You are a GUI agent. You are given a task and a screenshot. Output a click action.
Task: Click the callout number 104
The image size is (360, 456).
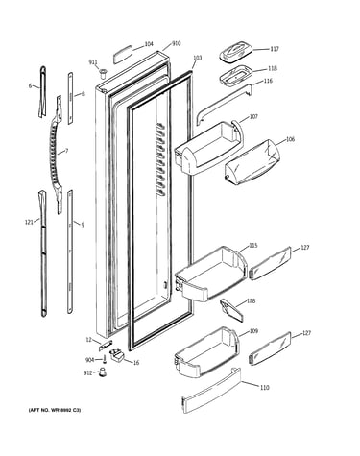click(x=149, y=44)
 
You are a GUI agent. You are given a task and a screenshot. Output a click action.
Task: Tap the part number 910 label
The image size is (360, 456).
click(x=177, y=43)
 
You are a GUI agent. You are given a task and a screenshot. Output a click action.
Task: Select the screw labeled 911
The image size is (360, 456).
click(x=103, y=73)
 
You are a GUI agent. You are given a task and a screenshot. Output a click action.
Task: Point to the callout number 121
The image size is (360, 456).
click(x=29, y=222)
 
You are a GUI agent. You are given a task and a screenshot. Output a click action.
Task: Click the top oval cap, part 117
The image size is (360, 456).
click(x=236, y=52)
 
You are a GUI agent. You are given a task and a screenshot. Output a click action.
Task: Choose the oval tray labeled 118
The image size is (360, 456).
click(x=235, y=76)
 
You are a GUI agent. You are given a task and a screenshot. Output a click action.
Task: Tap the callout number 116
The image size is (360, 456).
click(x=268, y=81)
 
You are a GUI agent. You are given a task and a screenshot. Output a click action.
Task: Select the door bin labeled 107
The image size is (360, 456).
click(x=208, y=148)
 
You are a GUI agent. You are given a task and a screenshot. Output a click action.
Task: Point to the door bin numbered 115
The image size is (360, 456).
click(x=211, y=275)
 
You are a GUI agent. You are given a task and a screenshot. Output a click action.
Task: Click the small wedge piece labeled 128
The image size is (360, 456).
click(x=231, y=310)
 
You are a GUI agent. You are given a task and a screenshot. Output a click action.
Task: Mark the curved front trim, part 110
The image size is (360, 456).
click(x=211, y=391)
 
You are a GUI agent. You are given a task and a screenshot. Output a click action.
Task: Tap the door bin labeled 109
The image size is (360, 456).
click(x=207, y=352)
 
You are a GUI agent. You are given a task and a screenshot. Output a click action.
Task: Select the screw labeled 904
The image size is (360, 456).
click(x=105, y=360)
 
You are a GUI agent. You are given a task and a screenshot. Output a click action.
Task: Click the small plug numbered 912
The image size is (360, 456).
click(x=102, y=372)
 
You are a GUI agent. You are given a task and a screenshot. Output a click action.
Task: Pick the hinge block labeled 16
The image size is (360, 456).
click(x=118, y=355)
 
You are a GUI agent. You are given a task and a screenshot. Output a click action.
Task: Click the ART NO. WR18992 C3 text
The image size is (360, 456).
click(x=55, y=410)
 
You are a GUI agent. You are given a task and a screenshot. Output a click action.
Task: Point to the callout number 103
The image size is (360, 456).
click(x=198, y=58)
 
